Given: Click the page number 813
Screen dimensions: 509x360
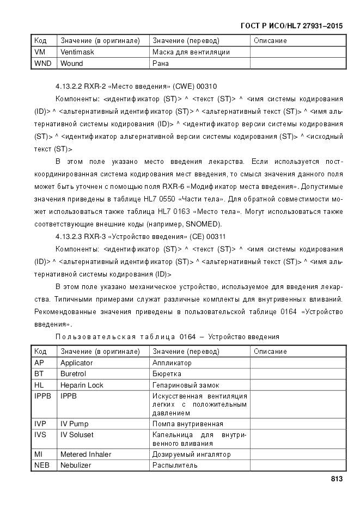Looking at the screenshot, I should tap(335, 479).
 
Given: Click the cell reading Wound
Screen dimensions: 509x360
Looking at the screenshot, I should tap(72, 64).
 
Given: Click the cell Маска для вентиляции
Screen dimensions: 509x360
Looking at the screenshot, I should tap(191, 52).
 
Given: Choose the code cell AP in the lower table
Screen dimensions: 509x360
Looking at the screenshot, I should tap(39, 363).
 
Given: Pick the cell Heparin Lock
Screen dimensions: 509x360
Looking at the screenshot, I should tap(82, 385).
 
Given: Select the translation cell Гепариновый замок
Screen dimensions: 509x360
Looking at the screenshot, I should tap(186, 385).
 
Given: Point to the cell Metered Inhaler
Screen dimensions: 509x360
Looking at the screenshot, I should tap(86, 454).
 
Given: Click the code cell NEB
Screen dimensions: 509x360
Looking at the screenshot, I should tap(41, 465).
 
